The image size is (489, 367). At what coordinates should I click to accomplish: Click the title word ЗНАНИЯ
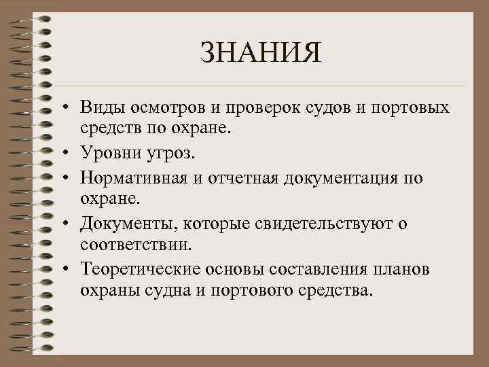click(x=260, y=54)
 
